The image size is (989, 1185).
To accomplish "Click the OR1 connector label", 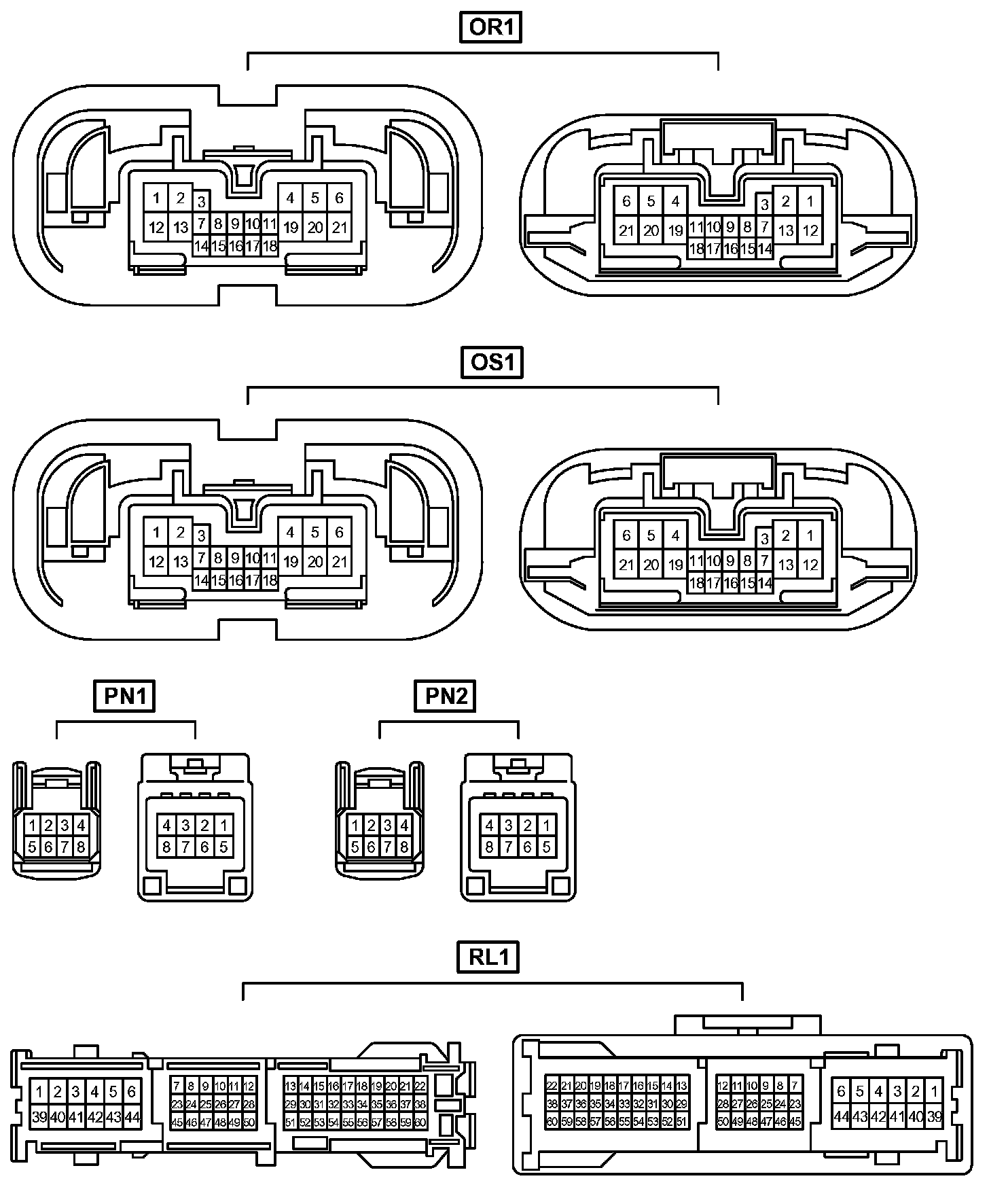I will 490,27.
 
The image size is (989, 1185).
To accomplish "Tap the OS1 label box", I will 490,361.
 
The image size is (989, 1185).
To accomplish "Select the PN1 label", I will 125,696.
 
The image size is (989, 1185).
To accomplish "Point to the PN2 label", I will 446,696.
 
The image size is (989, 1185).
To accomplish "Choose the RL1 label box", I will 488,957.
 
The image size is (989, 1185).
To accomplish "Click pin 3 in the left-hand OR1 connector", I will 201,201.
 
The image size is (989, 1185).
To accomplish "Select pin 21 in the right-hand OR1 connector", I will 626,230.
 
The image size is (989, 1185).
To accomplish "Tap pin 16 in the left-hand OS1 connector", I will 236,581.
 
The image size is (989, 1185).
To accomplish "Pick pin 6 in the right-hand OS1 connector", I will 626,535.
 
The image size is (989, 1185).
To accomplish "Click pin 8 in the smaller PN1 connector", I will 81,847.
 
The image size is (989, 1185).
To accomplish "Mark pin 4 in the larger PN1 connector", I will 167,826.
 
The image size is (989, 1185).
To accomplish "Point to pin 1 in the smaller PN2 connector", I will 355,826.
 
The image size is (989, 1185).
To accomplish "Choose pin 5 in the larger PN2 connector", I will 546,847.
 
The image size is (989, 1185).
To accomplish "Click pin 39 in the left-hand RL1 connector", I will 39,1116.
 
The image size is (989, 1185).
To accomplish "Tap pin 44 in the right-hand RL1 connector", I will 842,1116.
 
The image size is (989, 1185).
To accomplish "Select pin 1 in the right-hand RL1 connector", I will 935,1092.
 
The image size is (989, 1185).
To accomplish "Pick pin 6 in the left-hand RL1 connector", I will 132,1092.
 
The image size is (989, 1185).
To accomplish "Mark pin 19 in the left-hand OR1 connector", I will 291,228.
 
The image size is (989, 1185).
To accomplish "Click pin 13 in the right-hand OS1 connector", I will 786,565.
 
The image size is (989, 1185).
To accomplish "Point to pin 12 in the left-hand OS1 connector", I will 156,562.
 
